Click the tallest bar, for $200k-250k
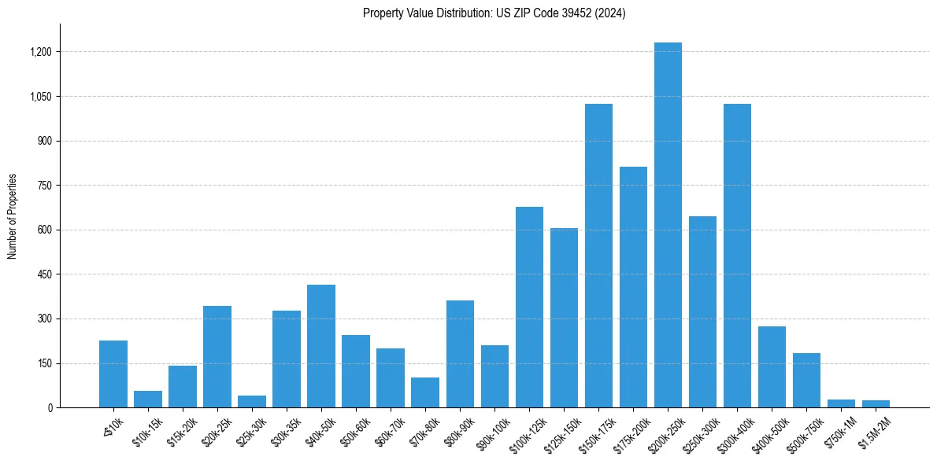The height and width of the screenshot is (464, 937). point(668,225)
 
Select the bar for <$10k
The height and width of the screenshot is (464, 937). point(113,374)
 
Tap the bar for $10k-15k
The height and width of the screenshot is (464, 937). point(148,399)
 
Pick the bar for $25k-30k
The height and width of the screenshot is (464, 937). point(252,401)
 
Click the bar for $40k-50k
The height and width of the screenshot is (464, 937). point(321,346)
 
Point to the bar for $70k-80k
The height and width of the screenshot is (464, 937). point(425,392)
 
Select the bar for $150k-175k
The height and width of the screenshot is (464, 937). point(598,256)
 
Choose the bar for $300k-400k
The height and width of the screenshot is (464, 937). point(737,256)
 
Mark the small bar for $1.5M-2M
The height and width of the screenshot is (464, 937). point(876,403)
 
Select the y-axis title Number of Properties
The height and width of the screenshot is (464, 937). point(12,215)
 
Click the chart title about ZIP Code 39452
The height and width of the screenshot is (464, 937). point(494,13)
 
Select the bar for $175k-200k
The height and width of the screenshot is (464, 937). point(633,287)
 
